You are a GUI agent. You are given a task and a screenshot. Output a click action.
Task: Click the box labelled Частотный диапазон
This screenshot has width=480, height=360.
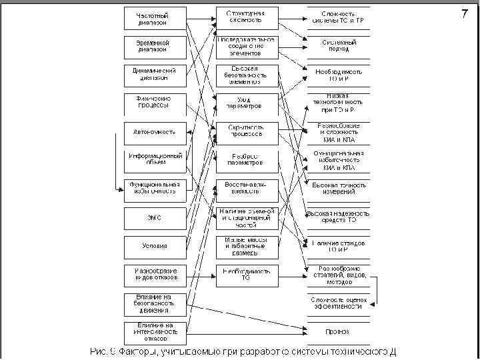pos(153,19)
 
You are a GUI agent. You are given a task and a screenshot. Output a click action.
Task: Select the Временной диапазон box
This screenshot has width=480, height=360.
pos(153,46)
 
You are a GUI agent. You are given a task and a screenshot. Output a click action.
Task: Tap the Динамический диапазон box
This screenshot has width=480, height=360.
pos(153,74)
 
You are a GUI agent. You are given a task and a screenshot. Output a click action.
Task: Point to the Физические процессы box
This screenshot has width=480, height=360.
pos(153,103)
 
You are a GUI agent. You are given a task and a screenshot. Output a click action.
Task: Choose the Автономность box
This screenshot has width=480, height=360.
pos(153,132)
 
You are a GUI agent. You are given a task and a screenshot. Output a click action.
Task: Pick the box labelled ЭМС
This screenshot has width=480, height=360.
pos(153,217)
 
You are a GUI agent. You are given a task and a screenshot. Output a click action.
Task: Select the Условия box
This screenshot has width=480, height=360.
pos(153,246)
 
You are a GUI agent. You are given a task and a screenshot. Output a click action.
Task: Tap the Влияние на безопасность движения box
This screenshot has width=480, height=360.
pos(153,303)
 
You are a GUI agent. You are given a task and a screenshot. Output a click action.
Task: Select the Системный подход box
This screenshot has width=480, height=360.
pos(338,45)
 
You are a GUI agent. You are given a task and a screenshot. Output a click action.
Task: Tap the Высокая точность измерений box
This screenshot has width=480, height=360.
pos(338,188)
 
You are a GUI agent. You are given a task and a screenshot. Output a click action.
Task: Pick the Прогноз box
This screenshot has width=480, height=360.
pos(338,331)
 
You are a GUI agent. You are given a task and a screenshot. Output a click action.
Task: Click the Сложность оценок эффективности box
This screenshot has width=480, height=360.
pos(338,303)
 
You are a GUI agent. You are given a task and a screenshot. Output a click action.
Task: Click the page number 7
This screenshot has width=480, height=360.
pos(465,14)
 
